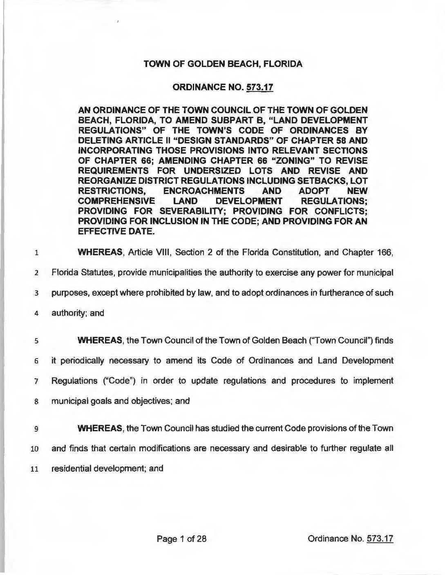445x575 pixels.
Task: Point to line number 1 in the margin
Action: pos(36,253)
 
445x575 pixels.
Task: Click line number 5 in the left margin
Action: pos(36,341)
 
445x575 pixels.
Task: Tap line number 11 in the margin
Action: pos(36,469)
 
